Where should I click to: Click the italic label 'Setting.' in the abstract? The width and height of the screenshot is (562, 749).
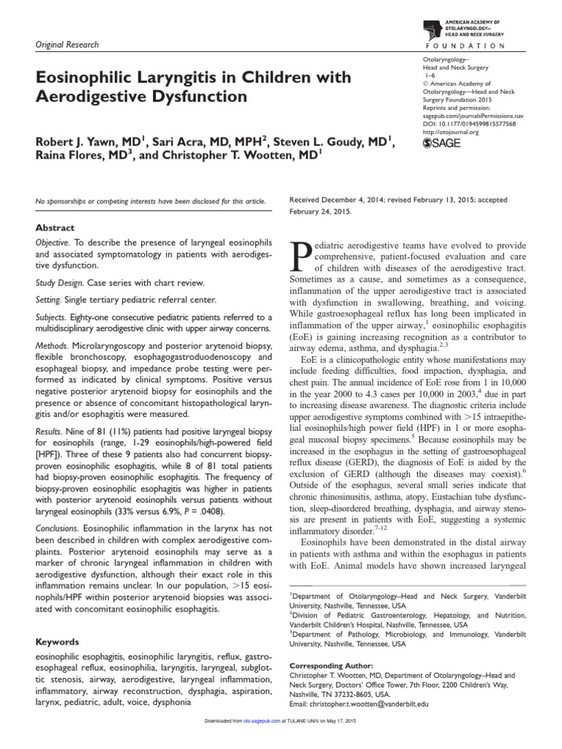tap(51, 299)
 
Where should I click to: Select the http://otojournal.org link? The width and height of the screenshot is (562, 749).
tap(452, 132)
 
